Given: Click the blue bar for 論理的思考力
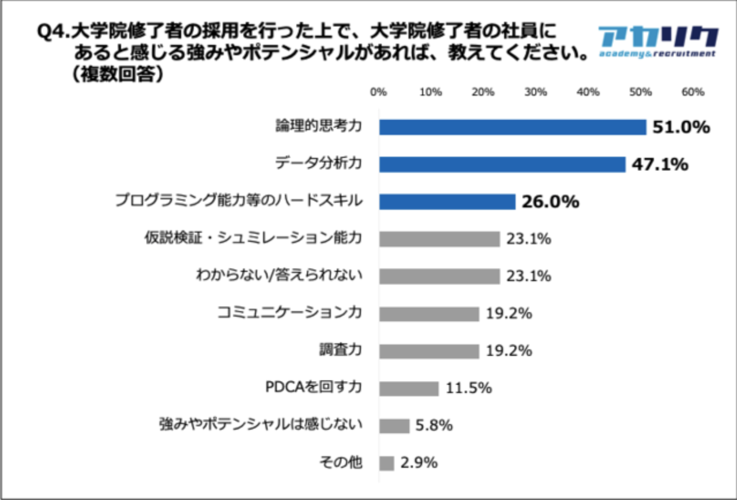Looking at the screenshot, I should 512,128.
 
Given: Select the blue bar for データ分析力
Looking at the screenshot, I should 502,165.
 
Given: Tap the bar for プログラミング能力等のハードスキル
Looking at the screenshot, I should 447,202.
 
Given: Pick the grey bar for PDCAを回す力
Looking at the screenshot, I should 408,389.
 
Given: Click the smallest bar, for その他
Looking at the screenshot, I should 386,463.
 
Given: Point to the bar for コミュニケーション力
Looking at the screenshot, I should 428,314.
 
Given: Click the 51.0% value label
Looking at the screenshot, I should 680,128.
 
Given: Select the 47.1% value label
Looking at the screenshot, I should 660,165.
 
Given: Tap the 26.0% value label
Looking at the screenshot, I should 550,202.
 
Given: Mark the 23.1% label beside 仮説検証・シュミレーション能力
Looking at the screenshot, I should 528,239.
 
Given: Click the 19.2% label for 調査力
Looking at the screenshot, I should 508,351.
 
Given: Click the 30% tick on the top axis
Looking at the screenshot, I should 536,92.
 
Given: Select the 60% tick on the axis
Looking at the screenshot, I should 693,92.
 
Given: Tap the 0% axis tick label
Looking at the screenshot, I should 378,92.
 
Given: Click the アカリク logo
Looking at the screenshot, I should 657,42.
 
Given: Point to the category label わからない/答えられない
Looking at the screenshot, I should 279,276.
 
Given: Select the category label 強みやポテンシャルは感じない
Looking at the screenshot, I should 261,426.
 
